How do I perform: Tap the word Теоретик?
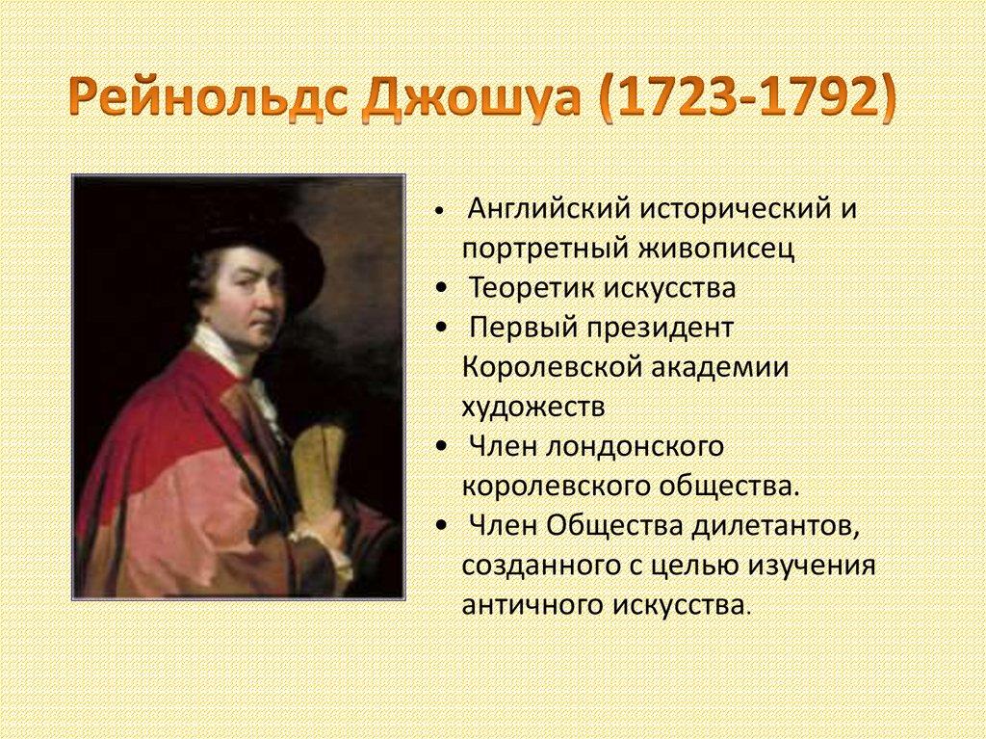532,288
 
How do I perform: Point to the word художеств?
532,408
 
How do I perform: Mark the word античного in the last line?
531,606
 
